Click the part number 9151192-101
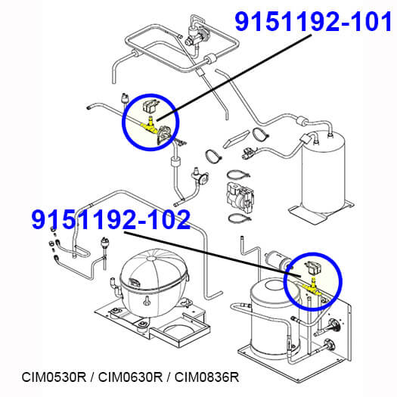(x=314, y=22)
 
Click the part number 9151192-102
(x=111, y=219)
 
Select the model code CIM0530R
(x=54, y=377)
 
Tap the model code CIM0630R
(x=130, y=377)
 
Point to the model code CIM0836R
(x=207, y=377)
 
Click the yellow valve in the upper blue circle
(x=150, y=126)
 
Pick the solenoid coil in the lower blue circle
(x=314, y=268)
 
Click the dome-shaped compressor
(x=154, y=282)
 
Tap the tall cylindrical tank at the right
(x=324, y=172)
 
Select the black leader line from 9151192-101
(x=234, y=77)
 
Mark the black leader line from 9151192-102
(x=212, y=254)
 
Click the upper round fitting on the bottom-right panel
(x=333, y=325)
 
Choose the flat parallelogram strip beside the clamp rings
(x=236, y=138)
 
